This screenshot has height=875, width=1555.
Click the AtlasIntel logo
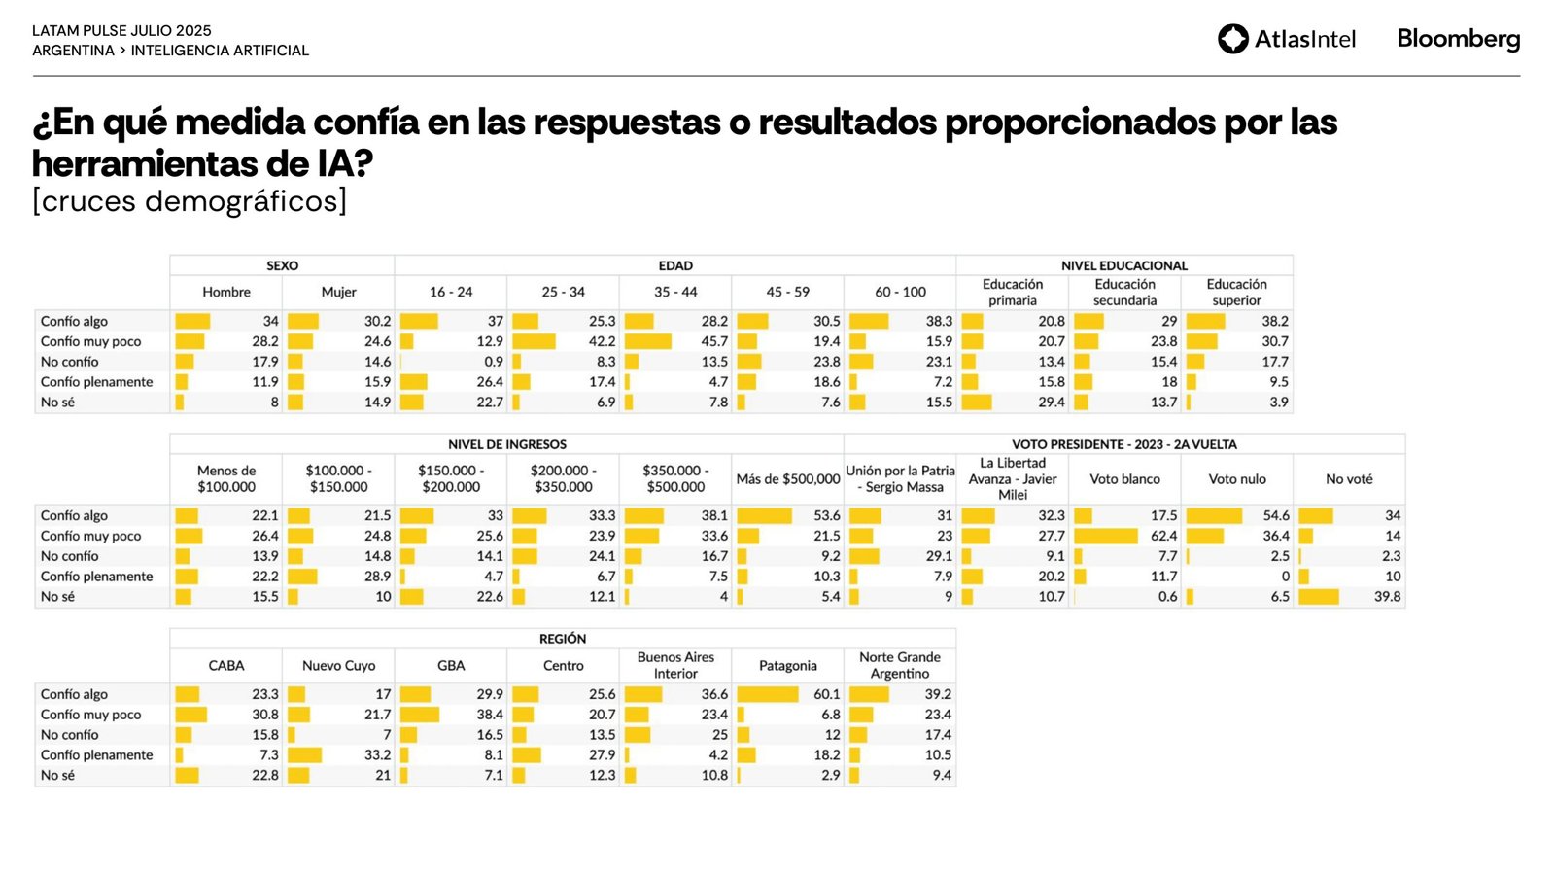coord(1286,39)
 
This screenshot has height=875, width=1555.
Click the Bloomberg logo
coord(1458,39)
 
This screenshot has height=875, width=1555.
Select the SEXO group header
coord(282,265)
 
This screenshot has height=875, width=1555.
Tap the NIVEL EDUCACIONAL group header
coord(1123,265)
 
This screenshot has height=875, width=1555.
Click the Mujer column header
coord(338,292)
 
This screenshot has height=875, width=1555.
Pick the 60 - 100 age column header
coord(900,292)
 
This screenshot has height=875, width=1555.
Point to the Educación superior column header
coord(1236,292)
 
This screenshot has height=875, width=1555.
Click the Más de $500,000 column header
coord(787,479)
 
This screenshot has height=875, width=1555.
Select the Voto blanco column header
coord(1124,479)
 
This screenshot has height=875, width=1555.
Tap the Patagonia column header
coord(787,666)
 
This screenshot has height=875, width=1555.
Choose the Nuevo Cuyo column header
coord(338,666)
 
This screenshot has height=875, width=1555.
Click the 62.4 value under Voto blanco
coord(1163,536)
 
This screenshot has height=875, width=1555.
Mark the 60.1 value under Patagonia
coord(827,694)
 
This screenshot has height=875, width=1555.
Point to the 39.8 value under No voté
coord(1387,597)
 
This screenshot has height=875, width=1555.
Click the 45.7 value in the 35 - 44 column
coord(714,341)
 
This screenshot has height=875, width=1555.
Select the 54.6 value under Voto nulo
coord(1276,515)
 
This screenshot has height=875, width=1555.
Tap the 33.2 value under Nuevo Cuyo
coord(377,755)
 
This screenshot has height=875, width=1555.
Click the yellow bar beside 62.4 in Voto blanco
coord(1105,536)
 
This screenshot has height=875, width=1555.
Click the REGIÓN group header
coord(563,639)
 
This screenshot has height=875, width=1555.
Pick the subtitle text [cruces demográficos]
coord(190,201)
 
